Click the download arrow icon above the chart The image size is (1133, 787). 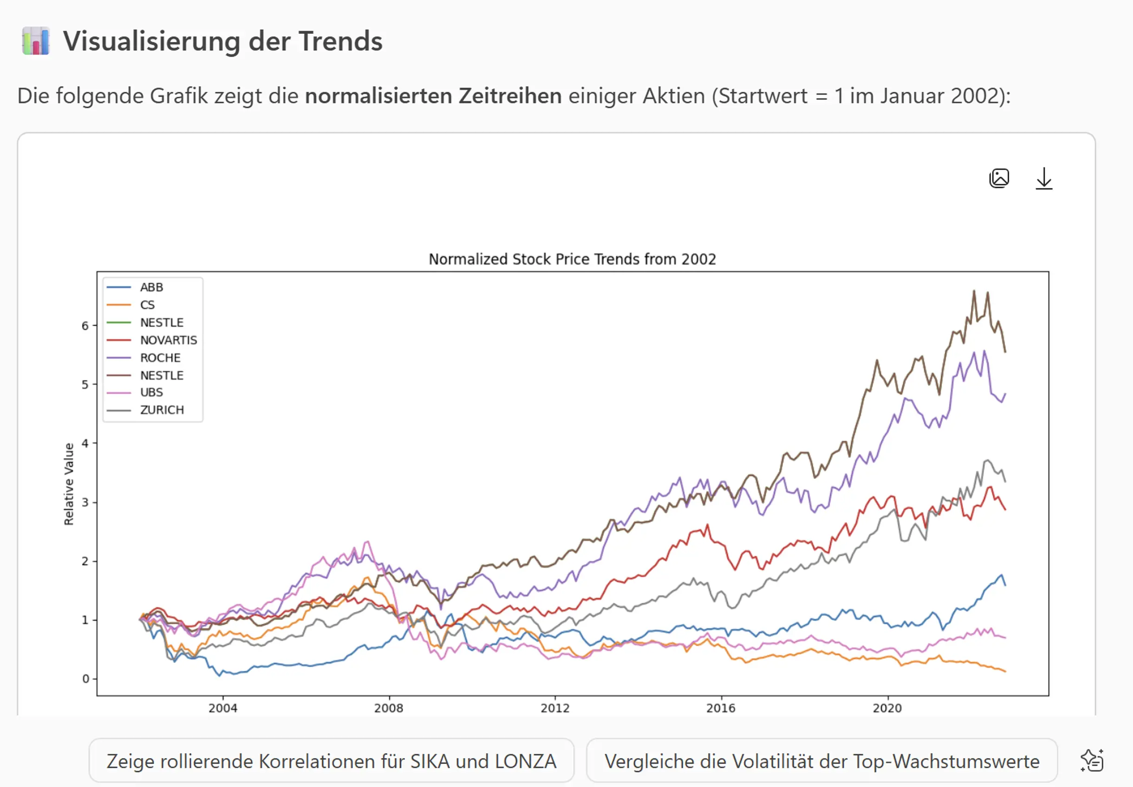pyautogui.click(x=1043, y=179)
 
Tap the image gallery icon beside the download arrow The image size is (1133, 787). pyautogui.click(x=999, y=178)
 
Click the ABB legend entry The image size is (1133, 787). pyautogui.click(x=151, y=287)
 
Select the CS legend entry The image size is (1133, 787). pyautogui.click(x=147, y=305)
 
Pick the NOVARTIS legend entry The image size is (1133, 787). pyautogui.click(x=168, y=340)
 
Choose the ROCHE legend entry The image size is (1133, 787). pyautogui.click(x=160, y=357)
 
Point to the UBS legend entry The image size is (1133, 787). pyautogui.click(x=151, y=393)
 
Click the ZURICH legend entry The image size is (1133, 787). pyautogui.click(x=162, y=410)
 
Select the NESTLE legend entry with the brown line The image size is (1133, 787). pyautogui.click(x=162, y=375)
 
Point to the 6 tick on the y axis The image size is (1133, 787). pyautogui.click(x=85, y=326)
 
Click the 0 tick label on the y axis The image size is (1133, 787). pyautogui.click(x=85, y=679)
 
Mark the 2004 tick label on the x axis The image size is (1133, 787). pyautogui.click(x=222, y=708)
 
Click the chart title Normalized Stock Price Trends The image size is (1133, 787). pyautogui.click(x=572, y=259)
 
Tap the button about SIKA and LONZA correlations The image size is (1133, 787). pyautogui.click(x=331, y=761)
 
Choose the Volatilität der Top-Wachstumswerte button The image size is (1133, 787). pyautogui.click(x=821, y=761)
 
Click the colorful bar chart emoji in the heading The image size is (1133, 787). pyautogui.click(x=36, y=41)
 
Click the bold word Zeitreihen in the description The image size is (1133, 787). pyautogui.click(x=510, y=96)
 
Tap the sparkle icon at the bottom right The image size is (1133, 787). pyautogui.click(x=1092, y=761)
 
